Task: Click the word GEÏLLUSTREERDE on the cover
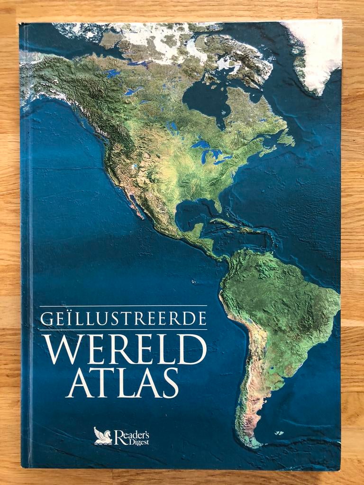coord(123,319)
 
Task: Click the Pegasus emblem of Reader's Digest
coord(103,436)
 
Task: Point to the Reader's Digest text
coord(132,436)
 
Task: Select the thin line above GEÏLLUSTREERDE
coord(123,306)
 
